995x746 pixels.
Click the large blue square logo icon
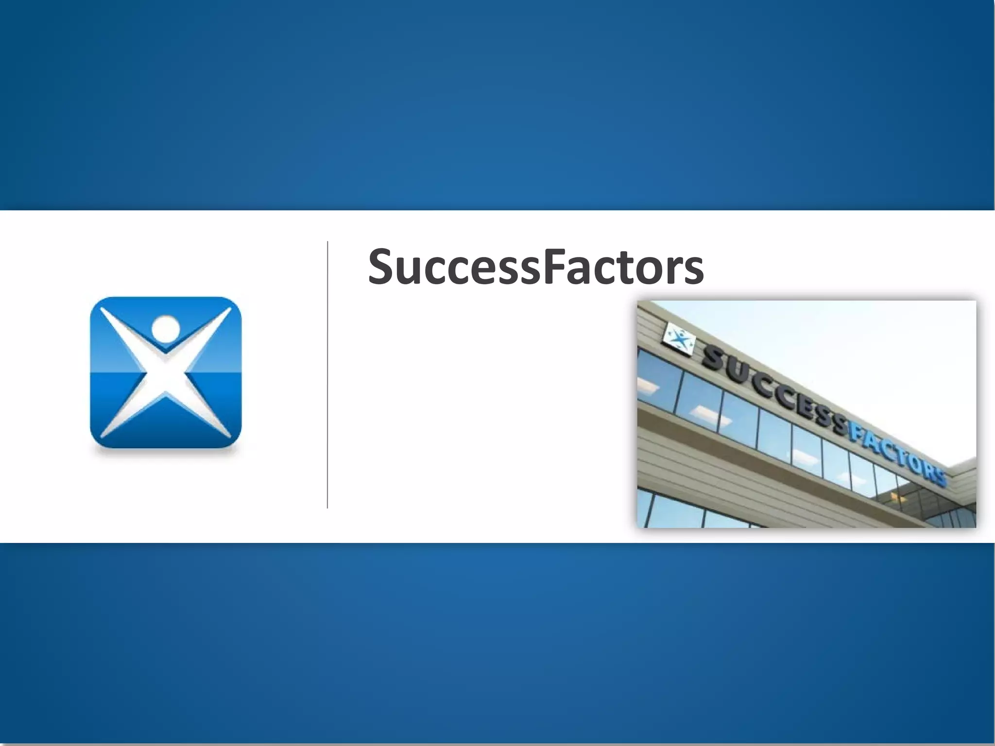pyautogui.click(x=166, y=372)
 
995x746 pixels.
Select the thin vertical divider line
pyautogui.click(x=327, y=374)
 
